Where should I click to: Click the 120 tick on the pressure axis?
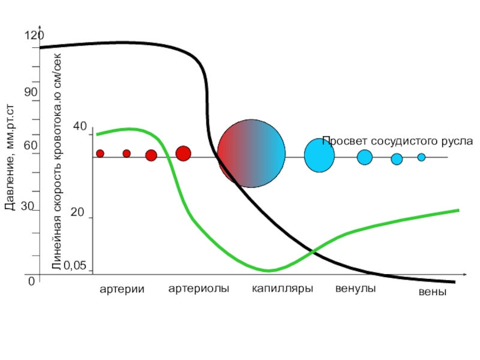(x=34, y=37)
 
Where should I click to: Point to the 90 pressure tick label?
(x=31, y=92)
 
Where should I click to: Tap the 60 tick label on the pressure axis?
(x=31, y=146)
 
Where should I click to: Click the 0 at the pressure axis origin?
(x=31, y=280)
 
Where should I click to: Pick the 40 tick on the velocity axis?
(x=80, y=127)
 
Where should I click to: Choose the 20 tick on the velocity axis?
(x=78, y=214)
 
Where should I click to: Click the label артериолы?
(x=199, y=289)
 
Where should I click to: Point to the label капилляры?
(x=282, y=289)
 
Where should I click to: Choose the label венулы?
(x=355, y=289)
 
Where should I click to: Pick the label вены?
(x=432, y=293)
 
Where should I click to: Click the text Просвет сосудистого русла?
(x=397, y=141)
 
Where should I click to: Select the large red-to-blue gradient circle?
(x=251, y=152)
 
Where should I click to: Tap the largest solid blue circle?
(x=319, y=155)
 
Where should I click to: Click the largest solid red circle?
(x=183, y=154)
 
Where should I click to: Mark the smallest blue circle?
(x=421, y=157)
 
